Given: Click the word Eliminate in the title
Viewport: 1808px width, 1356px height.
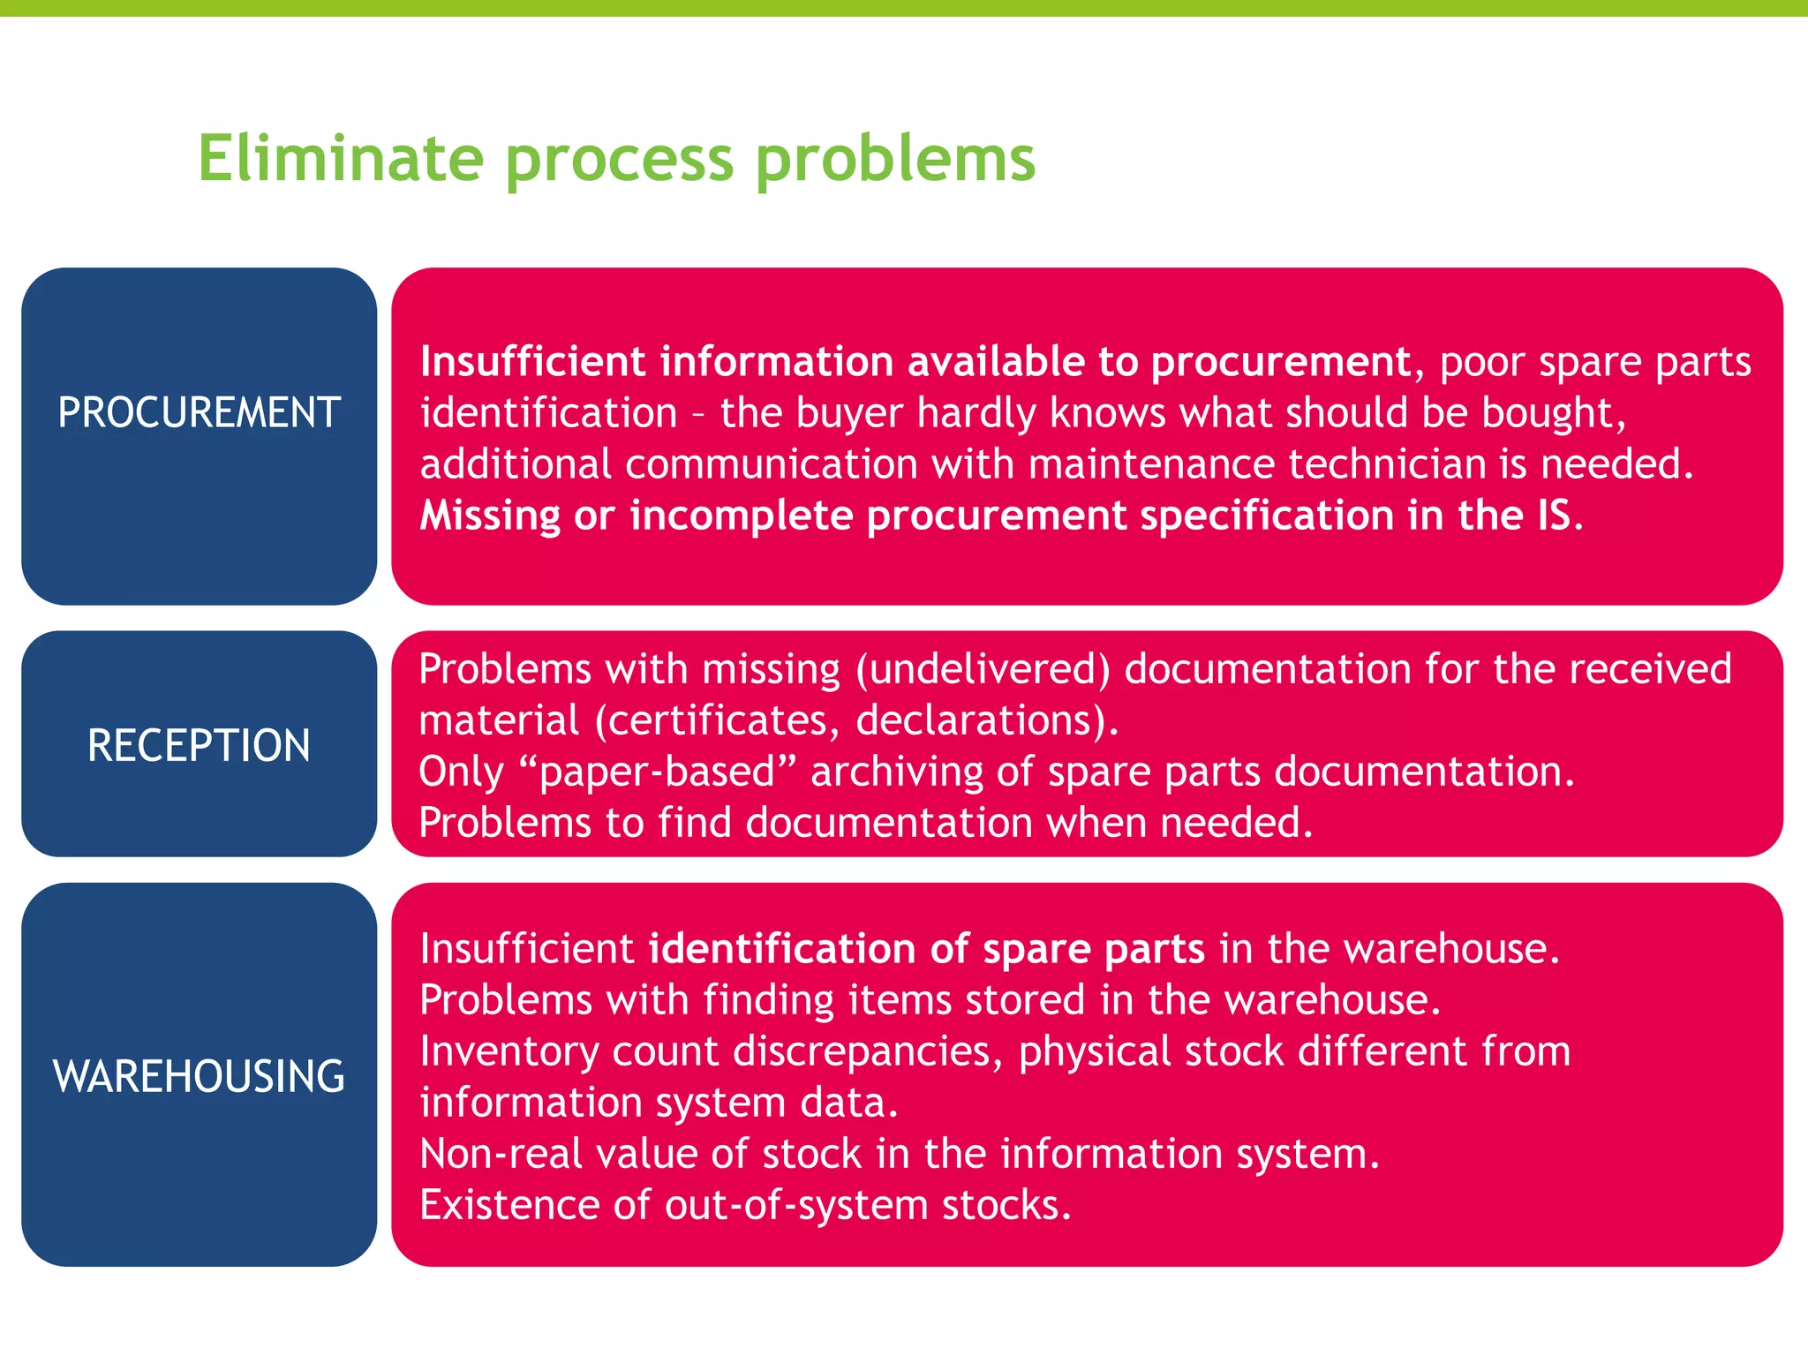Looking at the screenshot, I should coord(341,159).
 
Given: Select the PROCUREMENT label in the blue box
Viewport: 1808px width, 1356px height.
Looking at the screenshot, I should coord(199,413).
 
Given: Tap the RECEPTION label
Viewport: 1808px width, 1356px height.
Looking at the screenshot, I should coord(199,746).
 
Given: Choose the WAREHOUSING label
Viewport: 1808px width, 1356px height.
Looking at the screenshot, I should coord(199,1077).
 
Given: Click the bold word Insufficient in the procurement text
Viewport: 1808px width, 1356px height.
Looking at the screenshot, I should coord(533,362).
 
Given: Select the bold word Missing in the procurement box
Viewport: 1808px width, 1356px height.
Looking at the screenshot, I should coord(490,516).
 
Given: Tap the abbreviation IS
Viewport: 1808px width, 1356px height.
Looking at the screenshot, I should coord(1554,516).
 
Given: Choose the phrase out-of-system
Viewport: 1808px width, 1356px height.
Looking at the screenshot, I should coord(795,1205).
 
